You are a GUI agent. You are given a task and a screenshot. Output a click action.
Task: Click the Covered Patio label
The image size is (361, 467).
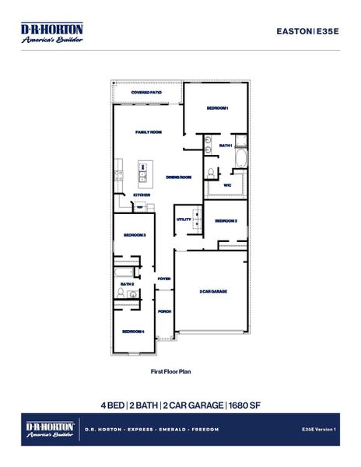(146, 93)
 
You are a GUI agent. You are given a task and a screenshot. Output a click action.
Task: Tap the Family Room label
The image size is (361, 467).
(148, 132)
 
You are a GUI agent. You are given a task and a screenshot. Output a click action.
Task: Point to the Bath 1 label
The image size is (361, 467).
(226, 146)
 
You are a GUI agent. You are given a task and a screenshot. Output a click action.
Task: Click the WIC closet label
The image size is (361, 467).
(226, 186)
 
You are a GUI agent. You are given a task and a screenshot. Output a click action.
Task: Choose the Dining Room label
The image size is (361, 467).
(179, 177)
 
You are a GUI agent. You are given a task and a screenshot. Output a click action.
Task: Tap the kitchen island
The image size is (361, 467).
(144, 170)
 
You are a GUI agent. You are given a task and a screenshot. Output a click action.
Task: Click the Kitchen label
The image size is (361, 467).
(142, 195)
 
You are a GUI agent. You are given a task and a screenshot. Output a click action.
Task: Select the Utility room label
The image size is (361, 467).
(184, 219)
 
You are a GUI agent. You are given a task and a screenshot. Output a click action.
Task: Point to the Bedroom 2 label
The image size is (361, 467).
(226, 221)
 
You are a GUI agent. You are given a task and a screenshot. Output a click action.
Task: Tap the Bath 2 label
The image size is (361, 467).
(127, 284)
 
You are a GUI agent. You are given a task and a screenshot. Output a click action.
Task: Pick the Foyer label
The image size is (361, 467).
(164, 278)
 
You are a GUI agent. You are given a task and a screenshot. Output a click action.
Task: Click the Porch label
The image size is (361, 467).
(164, 311)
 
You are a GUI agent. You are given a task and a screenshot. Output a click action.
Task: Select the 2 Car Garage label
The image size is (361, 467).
(212, 291)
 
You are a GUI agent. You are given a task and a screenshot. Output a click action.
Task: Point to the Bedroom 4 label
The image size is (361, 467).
(132, 332)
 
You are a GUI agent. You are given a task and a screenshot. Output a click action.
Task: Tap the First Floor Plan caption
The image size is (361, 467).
(170, 372)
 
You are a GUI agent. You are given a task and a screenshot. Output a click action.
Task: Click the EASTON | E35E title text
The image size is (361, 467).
(308, 30)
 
